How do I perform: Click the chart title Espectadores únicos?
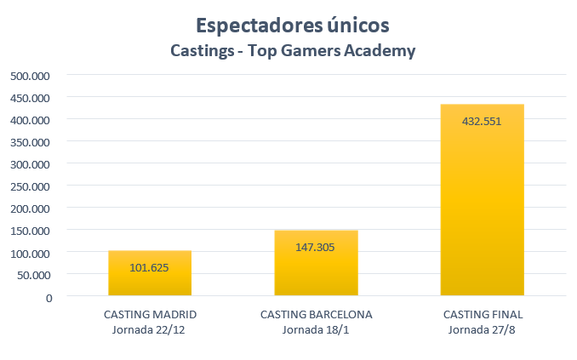293,24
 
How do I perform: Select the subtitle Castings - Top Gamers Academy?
293,51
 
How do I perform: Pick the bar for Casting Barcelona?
316,264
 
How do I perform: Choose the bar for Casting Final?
482,204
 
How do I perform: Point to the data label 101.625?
150,267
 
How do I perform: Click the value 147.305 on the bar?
316,247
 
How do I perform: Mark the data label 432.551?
482,121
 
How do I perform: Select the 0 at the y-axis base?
49,297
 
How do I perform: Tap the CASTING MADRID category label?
150,314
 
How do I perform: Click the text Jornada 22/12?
150,329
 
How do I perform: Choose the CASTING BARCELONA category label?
316,314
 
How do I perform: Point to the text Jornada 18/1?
316,329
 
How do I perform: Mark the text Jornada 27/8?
482,329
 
